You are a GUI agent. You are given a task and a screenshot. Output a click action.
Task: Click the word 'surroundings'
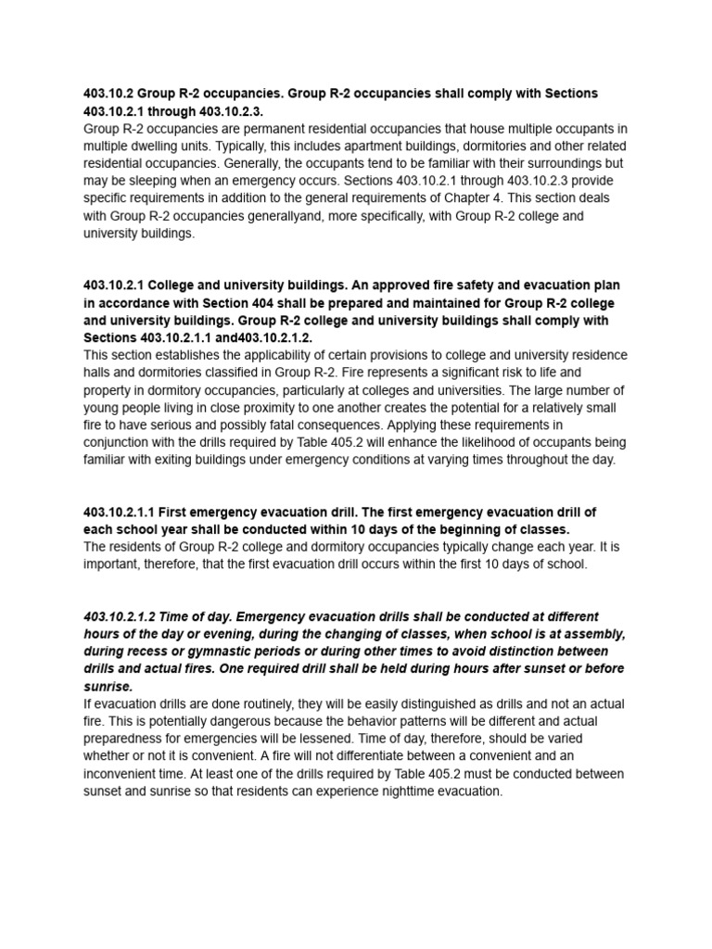[561, 163]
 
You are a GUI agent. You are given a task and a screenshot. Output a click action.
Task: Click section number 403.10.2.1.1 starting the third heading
[126, 512]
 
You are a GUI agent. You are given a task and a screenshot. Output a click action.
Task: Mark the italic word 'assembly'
[593, 634]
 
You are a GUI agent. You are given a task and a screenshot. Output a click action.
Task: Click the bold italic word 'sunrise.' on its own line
[108, 687]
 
